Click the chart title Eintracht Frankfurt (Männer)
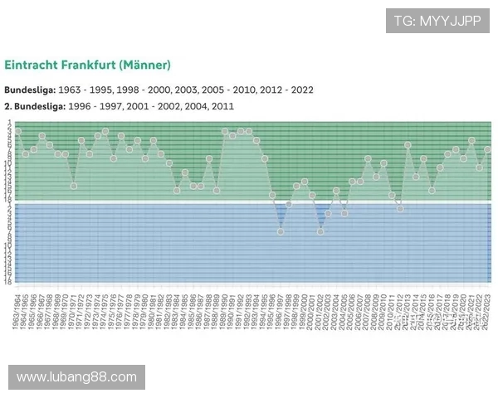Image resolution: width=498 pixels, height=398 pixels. click(x=87, y=64)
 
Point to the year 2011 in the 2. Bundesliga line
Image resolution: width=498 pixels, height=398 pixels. click(x=223, y=106)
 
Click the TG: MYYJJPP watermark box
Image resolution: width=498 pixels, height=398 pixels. click(x=437, y=21)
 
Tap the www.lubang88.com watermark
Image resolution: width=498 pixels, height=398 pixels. click(x=76, y=377)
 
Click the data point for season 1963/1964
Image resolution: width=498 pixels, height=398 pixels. click(x=17, y=131)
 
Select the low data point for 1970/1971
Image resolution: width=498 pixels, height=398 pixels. click(x=74, y=186)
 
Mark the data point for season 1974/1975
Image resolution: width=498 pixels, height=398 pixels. click(x=105, y=131)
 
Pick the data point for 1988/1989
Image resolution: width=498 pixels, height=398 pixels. click(x=217, y=190)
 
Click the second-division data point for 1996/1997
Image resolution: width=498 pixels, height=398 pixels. click(x=281, y=231)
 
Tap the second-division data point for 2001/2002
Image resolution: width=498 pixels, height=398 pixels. click(x=320, y=231)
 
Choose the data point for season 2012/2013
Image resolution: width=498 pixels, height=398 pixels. click(x=408, y=145)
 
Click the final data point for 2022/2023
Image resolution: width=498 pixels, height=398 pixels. click(x=488, y=149)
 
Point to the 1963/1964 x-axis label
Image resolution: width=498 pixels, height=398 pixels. click(x=17, y=311)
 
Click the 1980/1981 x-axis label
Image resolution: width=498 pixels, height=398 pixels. click(x=154, y=311)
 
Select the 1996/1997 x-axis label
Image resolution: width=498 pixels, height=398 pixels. click(x=281, y=311)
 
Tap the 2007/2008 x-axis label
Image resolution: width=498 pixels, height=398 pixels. click(x=368, y=311)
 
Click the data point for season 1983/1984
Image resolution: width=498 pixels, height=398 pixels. click(x=177, y=190)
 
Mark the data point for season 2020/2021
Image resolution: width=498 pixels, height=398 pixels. click(x=471, y=140)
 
